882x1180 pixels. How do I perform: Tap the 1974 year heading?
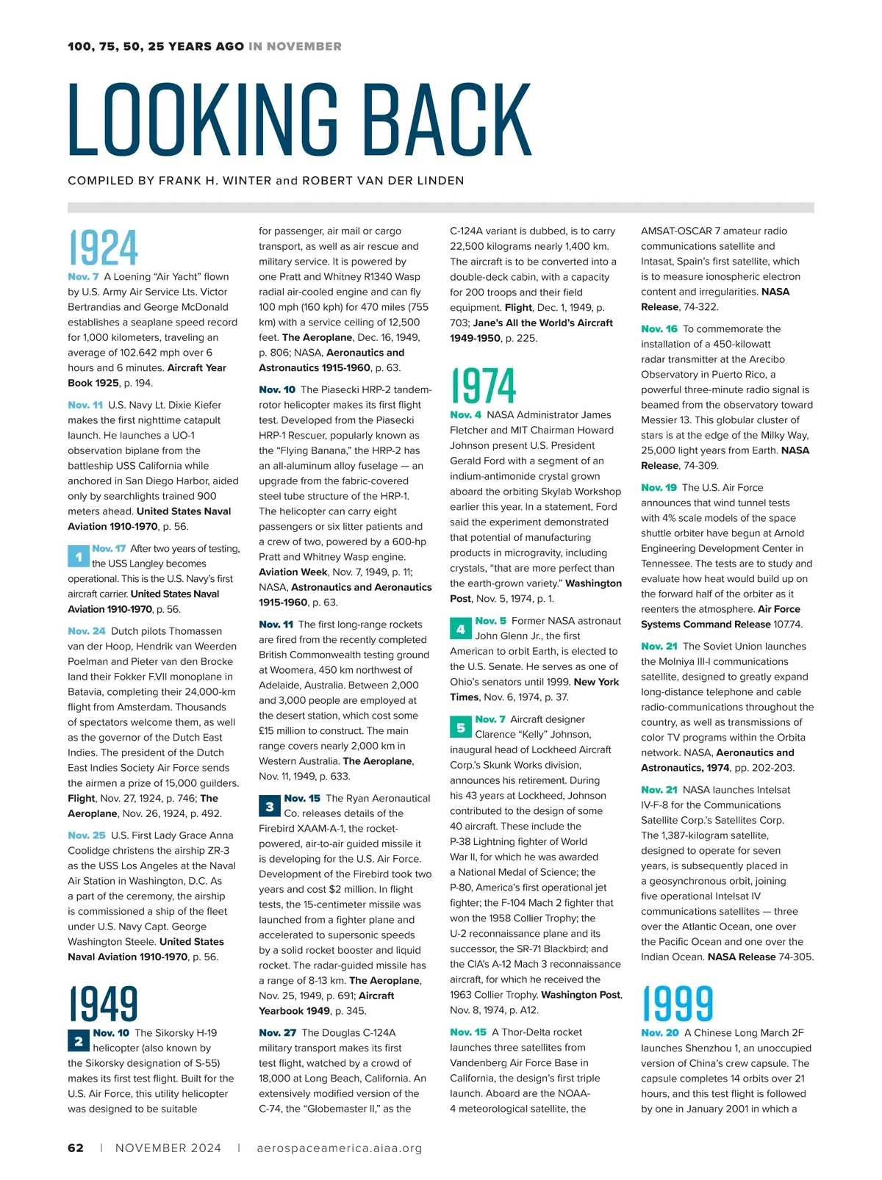click(x=484, y=386)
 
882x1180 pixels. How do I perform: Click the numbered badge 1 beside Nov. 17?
click(x=78, y=557)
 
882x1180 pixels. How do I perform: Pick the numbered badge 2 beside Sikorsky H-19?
click(x=78, y=1041)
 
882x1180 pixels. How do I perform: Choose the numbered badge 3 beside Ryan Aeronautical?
click(x=269, y=807)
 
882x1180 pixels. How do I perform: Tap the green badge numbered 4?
click(x=460, y=629)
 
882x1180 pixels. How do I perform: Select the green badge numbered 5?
click(x=460, y=727)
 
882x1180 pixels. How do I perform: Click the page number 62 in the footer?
click(x=76, y=1148)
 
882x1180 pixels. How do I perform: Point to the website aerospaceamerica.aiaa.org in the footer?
click(x=340, y=1148)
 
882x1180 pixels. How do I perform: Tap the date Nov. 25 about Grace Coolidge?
click(x=87, y=835)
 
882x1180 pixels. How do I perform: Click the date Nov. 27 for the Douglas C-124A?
click(x=277, y=1032)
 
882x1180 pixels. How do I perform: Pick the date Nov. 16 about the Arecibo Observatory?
click(x=659, y=328)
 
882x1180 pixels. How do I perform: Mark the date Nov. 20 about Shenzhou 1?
click(x=660, y=1032)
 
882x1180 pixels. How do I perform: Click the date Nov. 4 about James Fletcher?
click(x=466, y=414)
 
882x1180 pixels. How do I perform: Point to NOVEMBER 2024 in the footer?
click(x=168, y=1148)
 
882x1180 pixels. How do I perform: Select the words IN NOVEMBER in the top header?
click(x=295, y=46)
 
